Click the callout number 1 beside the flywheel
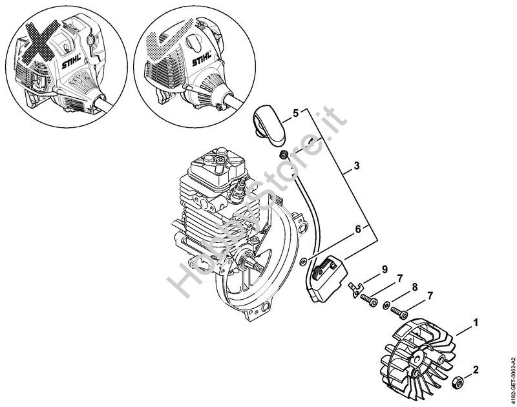pyautogui.click(x=475, y=323)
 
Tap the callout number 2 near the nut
pyautogui.click(x=475, y=370)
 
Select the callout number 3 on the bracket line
pyautogui.click(x=357, y=166)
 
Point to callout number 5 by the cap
pyautogui.click(x=295, y=113)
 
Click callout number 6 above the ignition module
pyautogui.click(x=359, y=229)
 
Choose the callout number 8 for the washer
pyautogui.click(x=414, y=287)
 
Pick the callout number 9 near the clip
pyautogui.click(x=385, y=269)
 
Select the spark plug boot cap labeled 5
pyautogui.click(x=269, y=125)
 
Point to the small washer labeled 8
pyautogui.click(x=385, y=306)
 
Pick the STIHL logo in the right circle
pyautogui.click(x=202, y=60)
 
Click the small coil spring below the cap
pyautogui.click(x=283, y=154)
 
